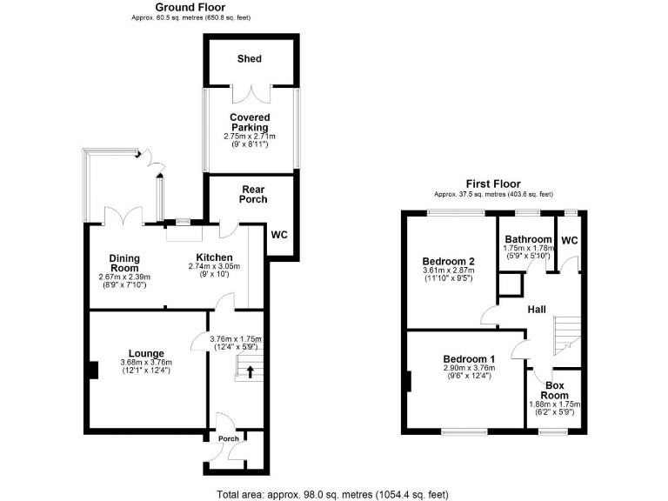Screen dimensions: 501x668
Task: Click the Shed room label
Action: click(x=250, y=59)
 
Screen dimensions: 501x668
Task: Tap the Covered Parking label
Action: click(x=250, y=123)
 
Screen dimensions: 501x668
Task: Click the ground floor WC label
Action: click(x=280, y=235)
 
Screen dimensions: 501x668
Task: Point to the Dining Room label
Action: click(x=124, y=263)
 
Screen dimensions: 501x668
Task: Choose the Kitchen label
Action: click(x=214, y=257)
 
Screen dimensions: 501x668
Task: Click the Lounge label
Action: click(x=146, y=353)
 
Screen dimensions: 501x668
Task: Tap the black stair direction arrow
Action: click(x=251, y=373)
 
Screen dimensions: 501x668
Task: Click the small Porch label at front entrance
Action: click(x=229, y=438)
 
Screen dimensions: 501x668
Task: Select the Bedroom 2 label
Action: click(x=448, y=262)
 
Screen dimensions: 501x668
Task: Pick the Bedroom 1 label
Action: click(x=469, y=358)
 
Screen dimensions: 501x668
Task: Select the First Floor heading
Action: click(x=492, y=184)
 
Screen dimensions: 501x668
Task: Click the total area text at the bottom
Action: click(x=333, y=494)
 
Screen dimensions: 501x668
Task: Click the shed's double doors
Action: click(x=249, y=92)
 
